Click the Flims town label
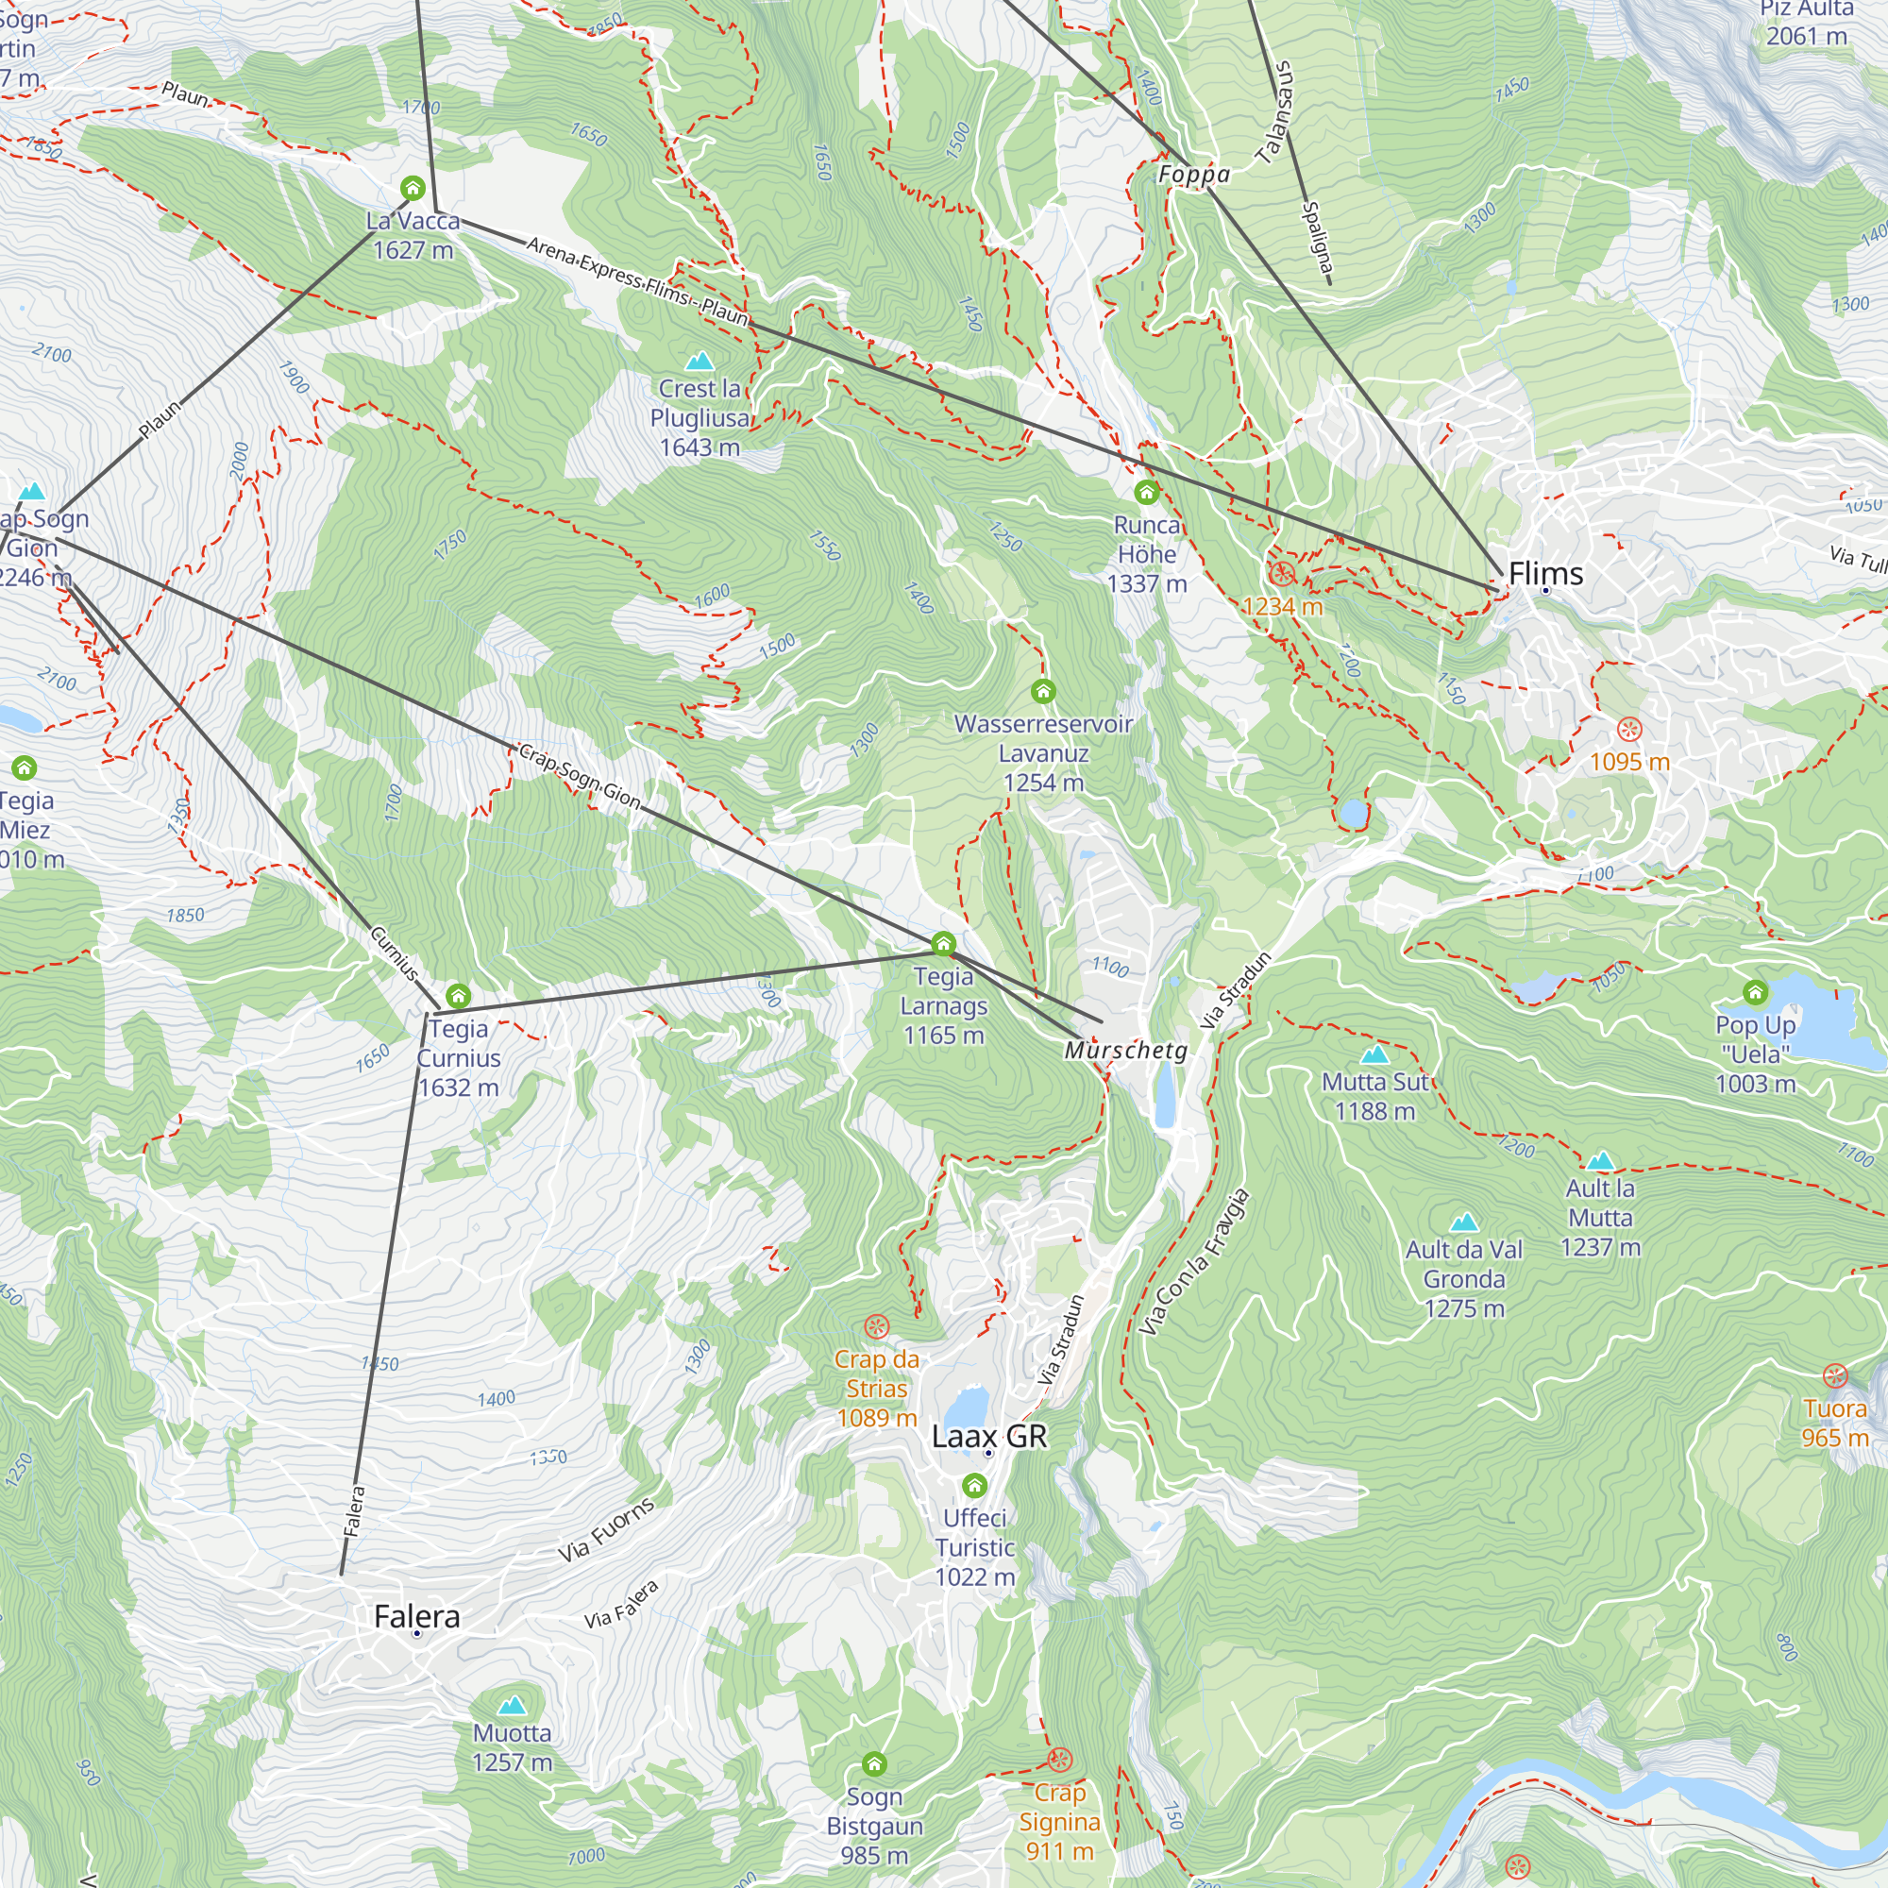click(x=1545, y=574)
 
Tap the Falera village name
click(x=416, y=1616)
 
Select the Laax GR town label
click(x=989, y=1437)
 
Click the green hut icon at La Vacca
click(x=413, y=188)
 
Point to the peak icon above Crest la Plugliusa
click(x=700, y=362)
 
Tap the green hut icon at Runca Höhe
click(x=1146, y=492)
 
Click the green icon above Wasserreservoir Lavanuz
click(x=1043, y=692)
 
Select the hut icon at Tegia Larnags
click(x=943, y=943)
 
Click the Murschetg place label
click(x=1126, y=1051)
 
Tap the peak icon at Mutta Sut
click(x=1375, y=1054)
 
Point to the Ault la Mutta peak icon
click(x=1600, y=1161)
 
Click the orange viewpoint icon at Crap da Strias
click(x=877, y=1326)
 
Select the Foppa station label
click(x=1193, y=175)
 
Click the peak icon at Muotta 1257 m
click(x=512, y=1706)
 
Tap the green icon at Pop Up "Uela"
click(x=1755, y=993)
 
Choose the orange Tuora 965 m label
click(x=1835, y=1423)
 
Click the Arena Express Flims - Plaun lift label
click(x=637, y=279)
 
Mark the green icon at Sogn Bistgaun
click(x=875, y=1764)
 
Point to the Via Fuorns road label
click(x=606, y=1529)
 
